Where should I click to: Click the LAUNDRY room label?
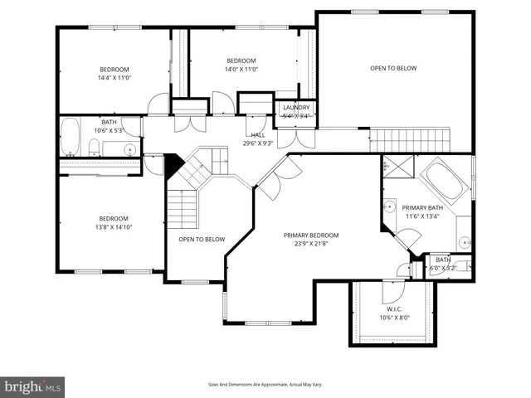296,108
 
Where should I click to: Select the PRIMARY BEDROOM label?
311,235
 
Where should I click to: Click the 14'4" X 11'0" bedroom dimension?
115,78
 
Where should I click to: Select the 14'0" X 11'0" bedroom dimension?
242,70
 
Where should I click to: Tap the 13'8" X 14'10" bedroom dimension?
114,226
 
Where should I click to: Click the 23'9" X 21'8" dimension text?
311,244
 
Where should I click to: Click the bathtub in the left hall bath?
71,138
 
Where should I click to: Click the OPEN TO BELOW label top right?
393,68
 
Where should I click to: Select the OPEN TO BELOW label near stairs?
202,240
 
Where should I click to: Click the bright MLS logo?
33,386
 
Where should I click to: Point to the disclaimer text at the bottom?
265,385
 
